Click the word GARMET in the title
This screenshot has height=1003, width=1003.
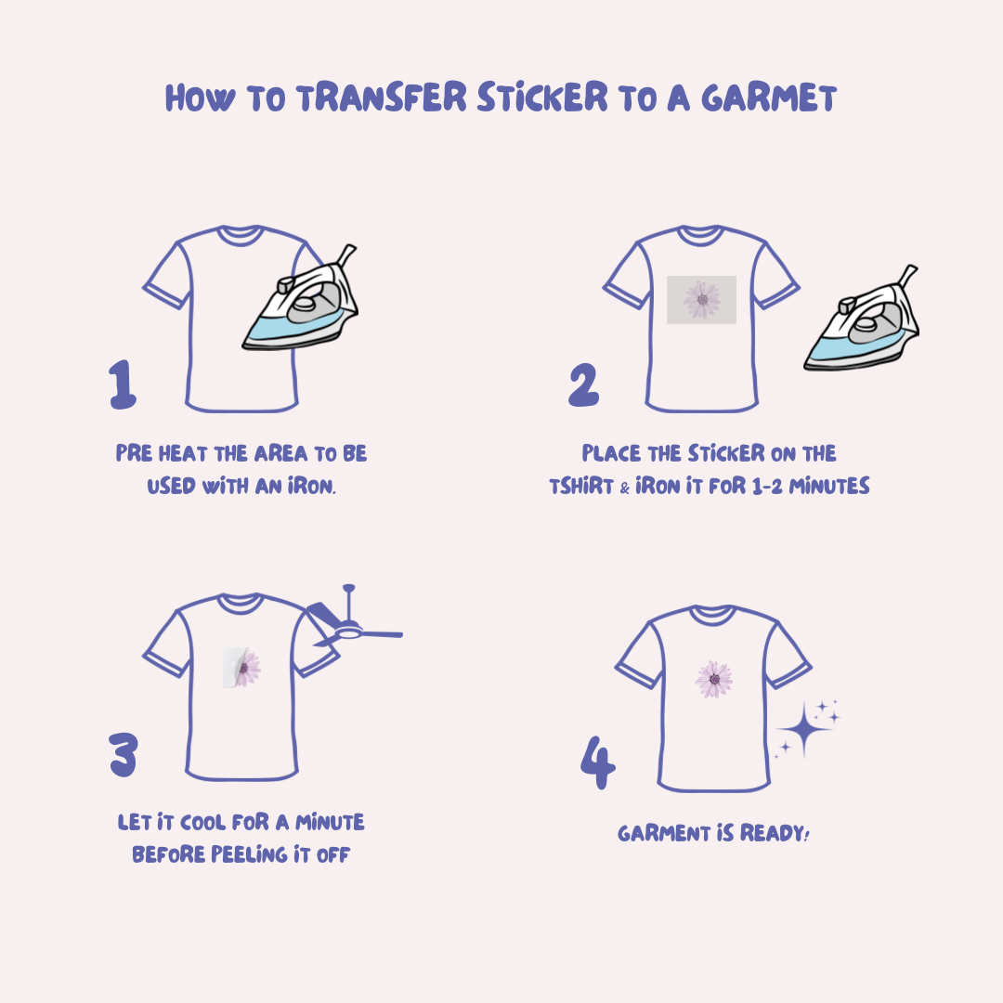click(x=769, y=98)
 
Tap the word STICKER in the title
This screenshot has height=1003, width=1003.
click(x=541, y=98)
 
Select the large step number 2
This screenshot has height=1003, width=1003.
click(x=583, y=384)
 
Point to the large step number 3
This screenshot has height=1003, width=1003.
click(x=123, y=755)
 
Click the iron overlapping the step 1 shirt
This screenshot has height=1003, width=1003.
click(x=301, y=299)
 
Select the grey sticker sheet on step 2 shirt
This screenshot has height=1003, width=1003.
click(x=702, y=300)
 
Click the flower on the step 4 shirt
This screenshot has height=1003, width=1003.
click(x=714, y=679)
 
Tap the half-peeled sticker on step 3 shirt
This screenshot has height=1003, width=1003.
click(x=241, y=668)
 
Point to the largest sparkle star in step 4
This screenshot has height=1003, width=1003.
click(x=804, y=729)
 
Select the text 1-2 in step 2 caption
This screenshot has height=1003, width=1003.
click(x=767, y=486)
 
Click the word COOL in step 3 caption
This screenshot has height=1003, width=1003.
click(x=202, y=822)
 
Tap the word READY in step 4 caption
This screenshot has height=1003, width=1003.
click(x=775, y=833)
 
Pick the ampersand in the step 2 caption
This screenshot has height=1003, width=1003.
click(x=625, y=488)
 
